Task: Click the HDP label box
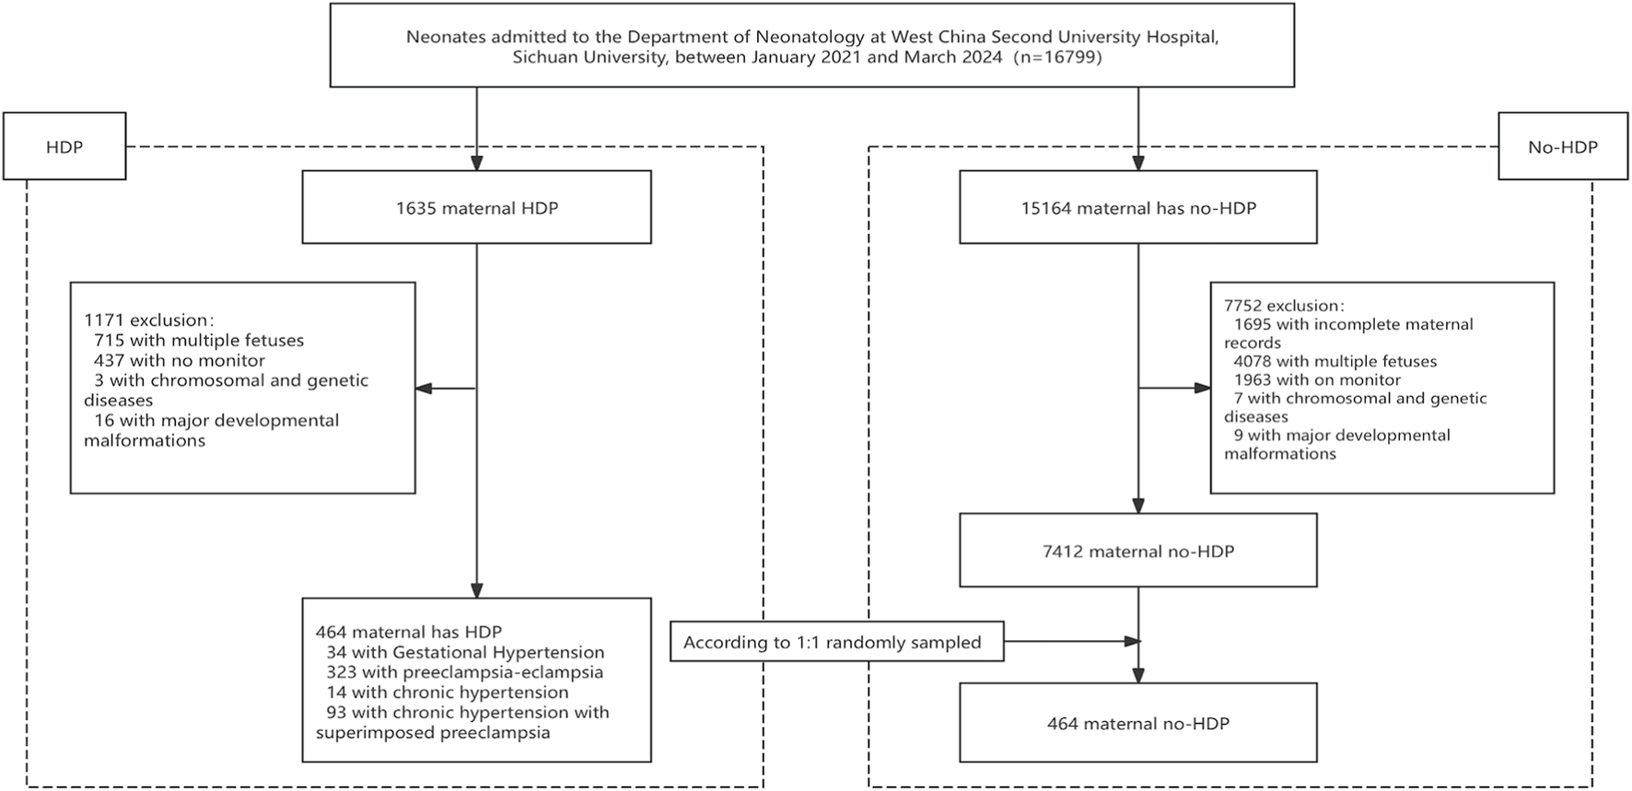pos(64,146)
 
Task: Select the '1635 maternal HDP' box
pos(476,208)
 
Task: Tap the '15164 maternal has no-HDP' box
pos(1137,208)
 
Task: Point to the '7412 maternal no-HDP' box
pos(1137,552)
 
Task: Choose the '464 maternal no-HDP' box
pos(1137,724)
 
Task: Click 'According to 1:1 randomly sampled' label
pos(833,643)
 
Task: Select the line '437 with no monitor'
pos(179,361)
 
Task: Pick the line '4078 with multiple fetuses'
pos(1335,362)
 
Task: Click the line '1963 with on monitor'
pos(1317,380)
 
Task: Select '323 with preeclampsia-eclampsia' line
pos(464,672)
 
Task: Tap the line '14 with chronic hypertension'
pos(447,692)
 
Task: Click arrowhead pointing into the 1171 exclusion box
pos(424,389)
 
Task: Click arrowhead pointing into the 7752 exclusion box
pos(1202,389)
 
